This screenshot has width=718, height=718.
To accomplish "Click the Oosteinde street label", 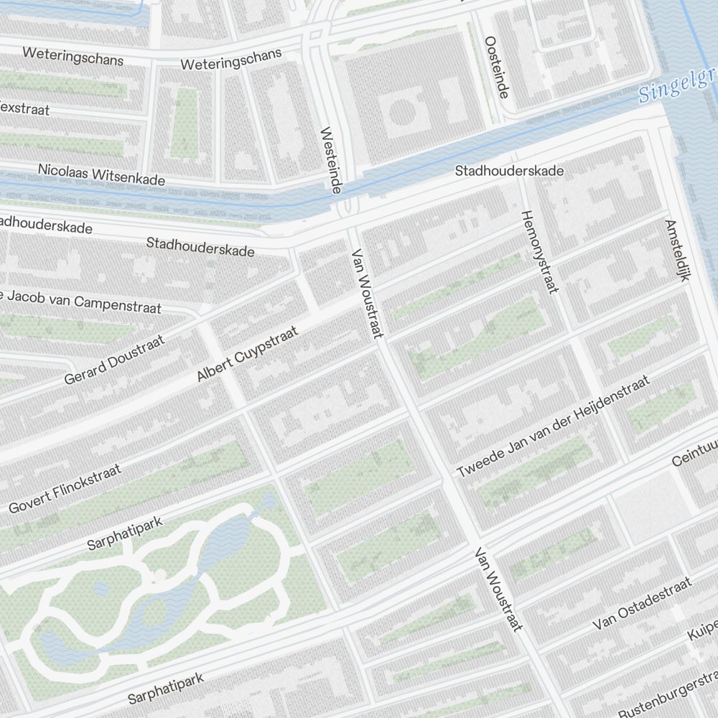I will [x=497, y=67].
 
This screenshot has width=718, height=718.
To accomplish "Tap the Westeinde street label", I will [x=330, y=159].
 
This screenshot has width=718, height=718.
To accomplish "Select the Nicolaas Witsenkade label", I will [x=101, y=174].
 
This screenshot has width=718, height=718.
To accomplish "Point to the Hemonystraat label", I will [x=539, y=251].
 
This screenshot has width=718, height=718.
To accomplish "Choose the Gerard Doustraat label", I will [x=114, y=359].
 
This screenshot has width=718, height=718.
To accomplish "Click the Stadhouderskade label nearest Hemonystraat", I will [x=509, y=171].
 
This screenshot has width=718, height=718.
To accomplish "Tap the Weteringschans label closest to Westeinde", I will [x=230, y=60].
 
